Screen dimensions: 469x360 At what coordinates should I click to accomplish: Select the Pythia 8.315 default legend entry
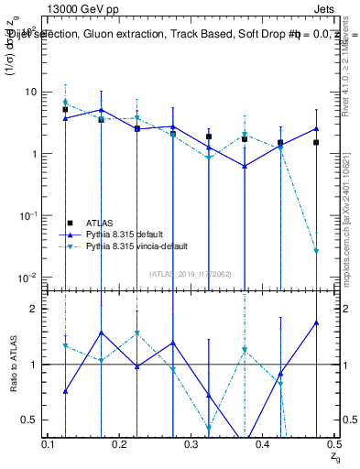point(127,234)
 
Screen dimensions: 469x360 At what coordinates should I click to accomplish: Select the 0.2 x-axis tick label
point(119,442)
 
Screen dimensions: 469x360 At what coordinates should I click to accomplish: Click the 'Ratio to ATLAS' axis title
point(14,364)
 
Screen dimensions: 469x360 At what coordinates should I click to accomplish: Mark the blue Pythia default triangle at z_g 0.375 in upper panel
point(245,166)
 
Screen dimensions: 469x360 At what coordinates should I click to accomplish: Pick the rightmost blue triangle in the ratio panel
point(316,322)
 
